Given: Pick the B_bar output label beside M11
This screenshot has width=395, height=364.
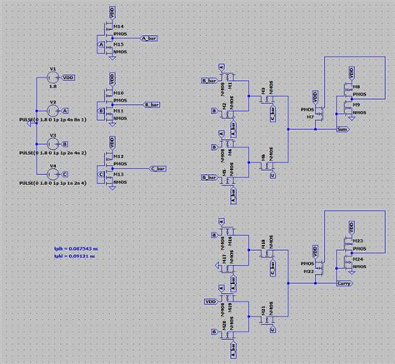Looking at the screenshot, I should click(x=153, y=105).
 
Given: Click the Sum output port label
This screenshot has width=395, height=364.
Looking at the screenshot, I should click(x=342, y=130).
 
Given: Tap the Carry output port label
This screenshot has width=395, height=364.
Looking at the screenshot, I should click(x=342, y=283).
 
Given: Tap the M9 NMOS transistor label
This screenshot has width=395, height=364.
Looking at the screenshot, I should click(x=356, y=103).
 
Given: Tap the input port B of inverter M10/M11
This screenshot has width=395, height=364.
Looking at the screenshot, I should click(x=102, y=109).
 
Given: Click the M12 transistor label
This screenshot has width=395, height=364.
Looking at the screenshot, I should click(x=119, y=155).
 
